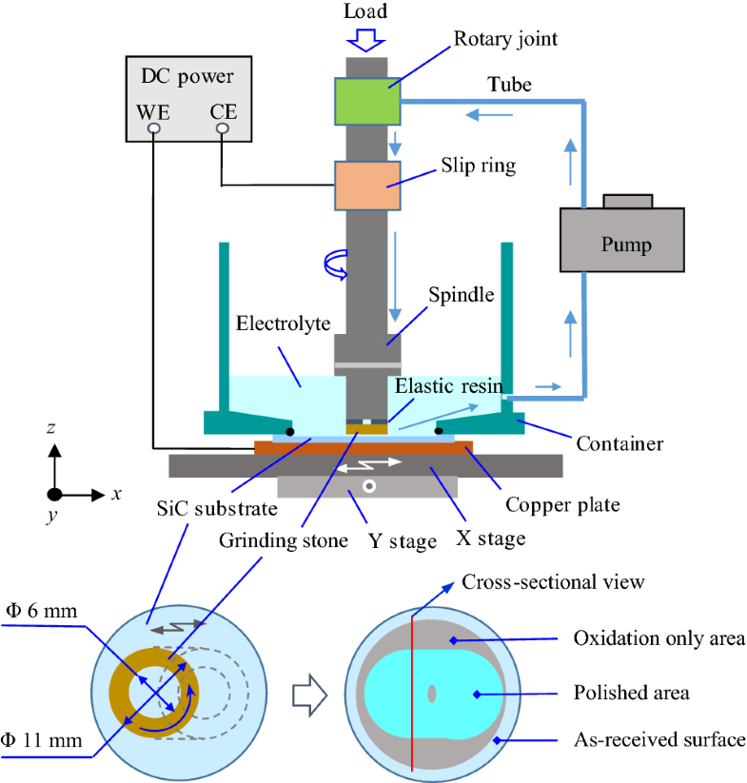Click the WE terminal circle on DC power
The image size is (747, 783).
[x=153, y=128]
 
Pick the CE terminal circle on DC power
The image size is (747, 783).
[x=222, y=128]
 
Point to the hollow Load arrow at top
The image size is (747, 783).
[x=365, y=39]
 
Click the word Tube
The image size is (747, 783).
[x=509, y=86]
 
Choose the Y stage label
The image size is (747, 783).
[x=403, y=541]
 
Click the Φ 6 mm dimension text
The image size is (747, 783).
[x=40, y=612]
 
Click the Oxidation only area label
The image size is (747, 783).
[x=659, y=637]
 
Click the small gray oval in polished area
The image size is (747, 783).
[x=431, y=694]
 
